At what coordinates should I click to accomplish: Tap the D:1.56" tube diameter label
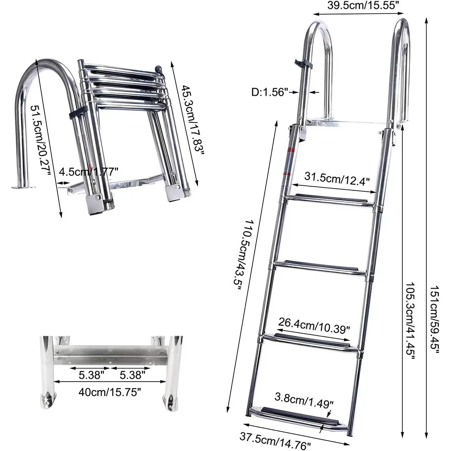(270, 92)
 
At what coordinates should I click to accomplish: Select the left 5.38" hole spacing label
(88, 374)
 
